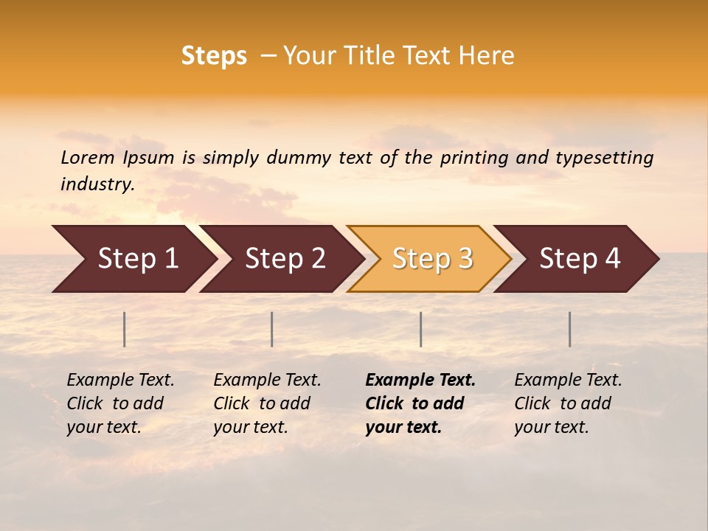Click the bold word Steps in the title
[x=214, y=56]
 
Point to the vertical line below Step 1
[x=125, y=329]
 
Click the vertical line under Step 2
[x=272, y=329]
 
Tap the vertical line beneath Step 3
[x=421, y=329]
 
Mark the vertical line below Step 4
[x=570, y=329]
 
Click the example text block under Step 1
[x=120, y=403]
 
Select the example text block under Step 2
[x=267, y=403]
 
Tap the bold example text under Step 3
[x=420, y=403]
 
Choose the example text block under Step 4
[x=568, y=403]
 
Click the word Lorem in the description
[x=88, y=158]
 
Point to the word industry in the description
[x=97, y=184]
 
